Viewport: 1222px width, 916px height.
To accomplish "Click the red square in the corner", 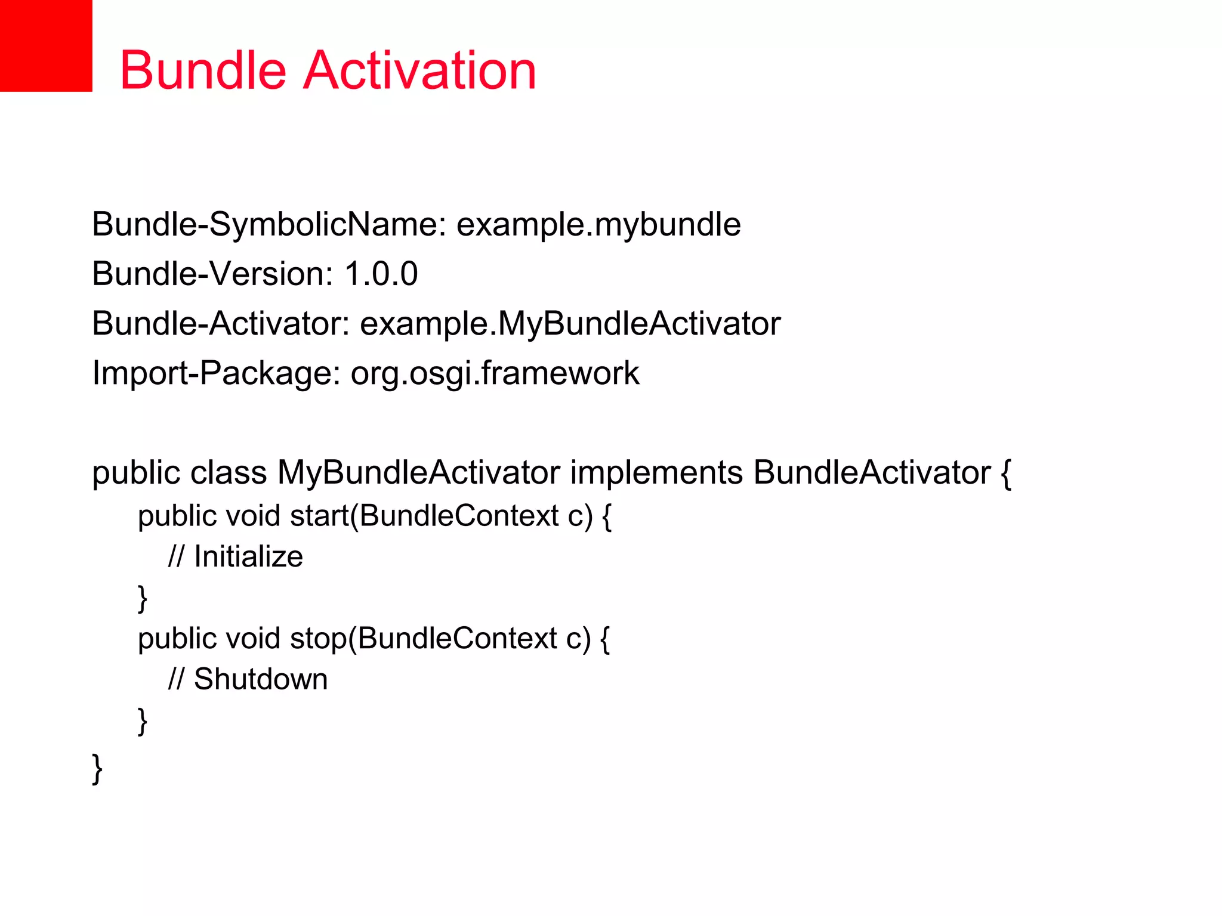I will click(x=45, y=45).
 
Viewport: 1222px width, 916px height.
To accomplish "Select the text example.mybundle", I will click(x=598, y=225).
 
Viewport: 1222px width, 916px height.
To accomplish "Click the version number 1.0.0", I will click(x=381, y=274).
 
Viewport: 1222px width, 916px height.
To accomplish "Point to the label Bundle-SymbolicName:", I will click(x=269, y=225).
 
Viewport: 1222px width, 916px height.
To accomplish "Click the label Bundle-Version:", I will click(x=212, y=274).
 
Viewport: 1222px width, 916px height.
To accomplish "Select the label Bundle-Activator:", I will click(x=221, y=324).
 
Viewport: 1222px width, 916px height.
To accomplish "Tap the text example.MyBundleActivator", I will click(x=570, y=324).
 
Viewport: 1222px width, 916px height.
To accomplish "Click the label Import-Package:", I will click(x=216, y=373).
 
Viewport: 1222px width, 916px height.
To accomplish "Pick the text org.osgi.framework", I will click(x=495, y=373).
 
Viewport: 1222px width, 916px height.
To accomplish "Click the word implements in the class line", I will click(x=656, y=473).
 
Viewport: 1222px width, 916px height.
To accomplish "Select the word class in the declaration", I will click(x=228, y=473).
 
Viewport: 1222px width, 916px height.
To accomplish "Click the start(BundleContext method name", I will click(x=424, y=516).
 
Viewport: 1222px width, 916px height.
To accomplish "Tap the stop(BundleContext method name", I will click(x=422, y=639).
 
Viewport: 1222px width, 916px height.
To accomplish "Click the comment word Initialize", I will click(x=248, y=557).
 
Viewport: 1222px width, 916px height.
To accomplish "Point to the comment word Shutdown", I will click(x=261, y=680).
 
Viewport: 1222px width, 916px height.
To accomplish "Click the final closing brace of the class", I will click(x=97, y=769).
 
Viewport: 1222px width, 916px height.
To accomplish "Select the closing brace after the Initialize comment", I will click(x=143, y=599).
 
